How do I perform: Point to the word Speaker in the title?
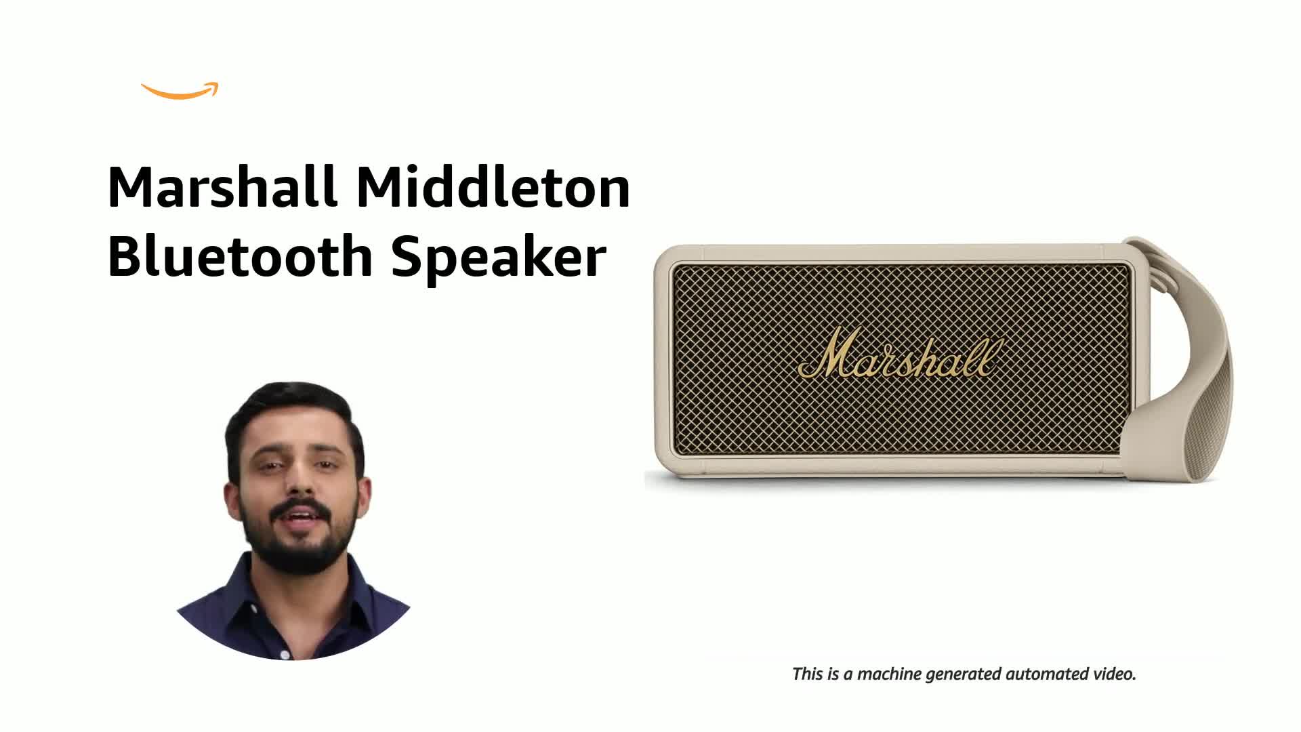(x=498, y=258)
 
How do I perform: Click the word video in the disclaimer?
(x=1115, y=674)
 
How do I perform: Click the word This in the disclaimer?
(x=807, y=674)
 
